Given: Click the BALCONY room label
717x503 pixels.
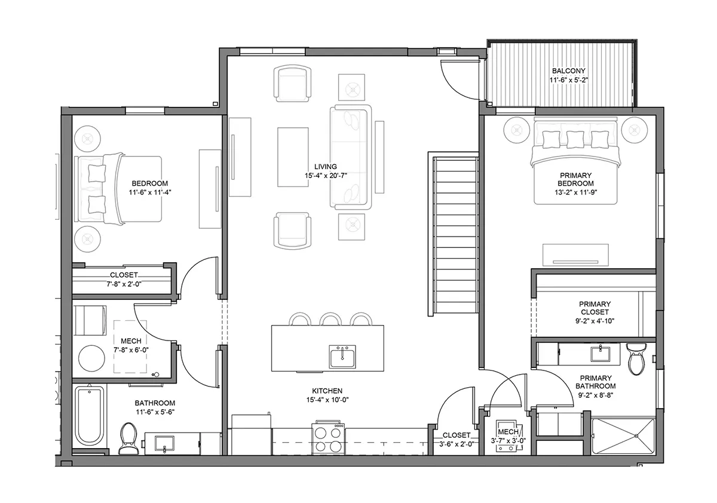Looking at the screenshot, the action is (x=568, y=70).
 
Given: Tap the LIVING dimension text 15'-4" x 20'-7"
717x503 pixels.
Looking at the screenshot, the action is (x=326, y=176).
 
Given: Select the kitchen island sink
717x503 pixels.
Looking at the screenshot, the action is (x=342, y=357).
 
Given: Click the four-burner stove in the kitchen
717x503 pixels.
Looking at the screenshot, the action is (x=329, y=438).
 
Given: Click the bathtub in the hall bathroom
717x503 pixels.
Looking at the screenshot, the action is (x=90, y=415).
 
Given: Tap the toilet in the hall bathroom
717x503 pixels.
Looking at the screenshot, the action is (x=128, y=438).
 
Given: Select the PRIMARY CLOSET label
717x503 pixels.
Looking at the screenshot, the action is (x=595, y=308).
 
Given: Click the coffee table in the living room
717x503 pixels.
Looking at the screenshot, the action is (x=293, y=157).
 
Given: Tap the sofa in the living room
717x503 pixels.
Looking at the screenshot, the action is (x=351, y=157).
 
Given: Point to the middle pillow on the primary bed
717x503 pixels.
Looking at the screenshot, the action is (x=575, y=140).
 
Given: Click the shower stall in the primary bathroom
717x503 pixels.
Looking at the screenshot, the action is (x=623, y=436).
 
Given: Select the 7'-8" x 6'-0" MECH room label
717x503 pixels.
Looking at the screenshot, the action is (x=131, y=345).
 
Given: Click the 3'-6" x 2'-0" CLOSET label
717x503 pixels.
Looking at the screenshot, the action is (x=456, y=439).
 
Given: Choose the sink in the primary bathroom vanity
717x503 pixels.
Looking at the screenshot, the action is (x=600, y=354).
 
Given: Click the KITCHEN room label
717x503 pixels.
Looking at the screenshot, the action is (x=327, y=391).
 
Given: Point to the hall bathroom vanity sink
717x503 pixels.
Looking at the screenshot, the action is (x=164, y=444).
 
